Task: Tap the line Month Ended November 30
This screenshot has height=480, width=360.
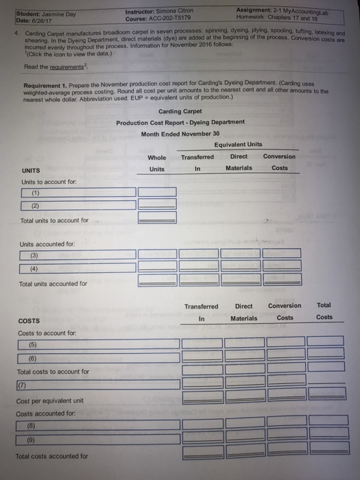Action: tap(180, 134)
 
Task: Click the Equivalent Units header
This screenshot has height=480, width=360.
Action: tap(237, 145)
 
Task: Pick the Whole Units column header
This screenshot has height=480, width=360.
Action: tap(157, 163)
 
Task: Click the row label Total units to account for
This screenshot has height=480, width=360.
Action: tap(55, 220)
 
